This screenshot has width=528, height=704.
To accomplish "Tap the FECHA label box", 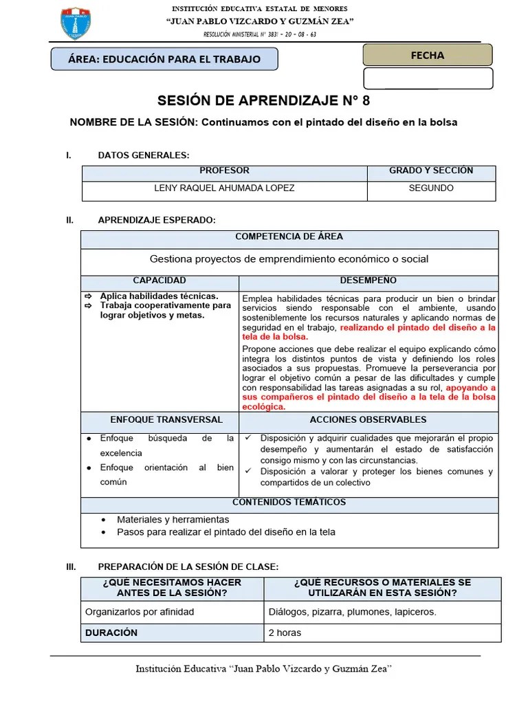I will tap(427, 55).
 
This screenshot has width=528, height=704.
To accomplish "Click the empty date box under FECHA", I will tap(427, 78).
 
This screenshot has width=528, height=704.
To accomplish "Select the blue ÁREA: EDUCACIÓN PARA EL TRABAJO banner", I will tap(164, 59).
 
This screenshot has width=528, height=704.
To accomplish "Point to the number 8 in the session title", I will tap(366, 101).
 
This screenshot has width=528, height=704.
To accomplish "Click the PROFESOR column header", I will tap(224, 171).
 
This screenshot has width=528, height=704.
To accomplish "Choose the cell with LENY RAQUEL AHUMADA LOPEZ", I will tap(224, 188).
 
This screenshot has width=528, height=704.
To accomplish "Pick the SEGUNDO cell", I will tap(431, 188).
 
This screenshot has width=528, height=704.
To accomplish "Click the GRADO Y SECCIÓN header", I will tap(431, 171).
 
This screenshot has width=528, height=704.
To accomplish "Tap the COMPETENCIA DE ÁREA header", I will tap(289, 237).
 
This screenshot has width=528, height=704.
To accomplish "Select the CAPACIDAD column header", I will tap(159, 281).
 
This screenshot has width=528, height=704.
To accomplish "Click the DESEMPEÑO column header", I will tap(368, 281).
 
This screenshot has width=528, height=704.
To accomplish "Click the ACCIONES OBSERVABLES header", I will tap(368, 420).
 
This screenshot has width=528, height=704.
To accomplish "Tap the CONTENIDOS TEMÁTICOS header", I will tap(289, 503).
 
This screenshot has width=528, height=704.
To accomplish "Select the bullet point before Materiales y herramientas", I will tap(103, 520).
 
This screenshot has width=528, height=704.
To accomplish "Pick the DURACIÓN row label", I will tap(111, 632).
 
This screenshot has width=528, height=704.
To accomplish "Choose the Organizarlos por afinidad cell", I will tap(140, 612).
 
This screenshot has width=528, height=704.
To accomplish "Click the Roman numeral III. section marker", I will tap(70, 566).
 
